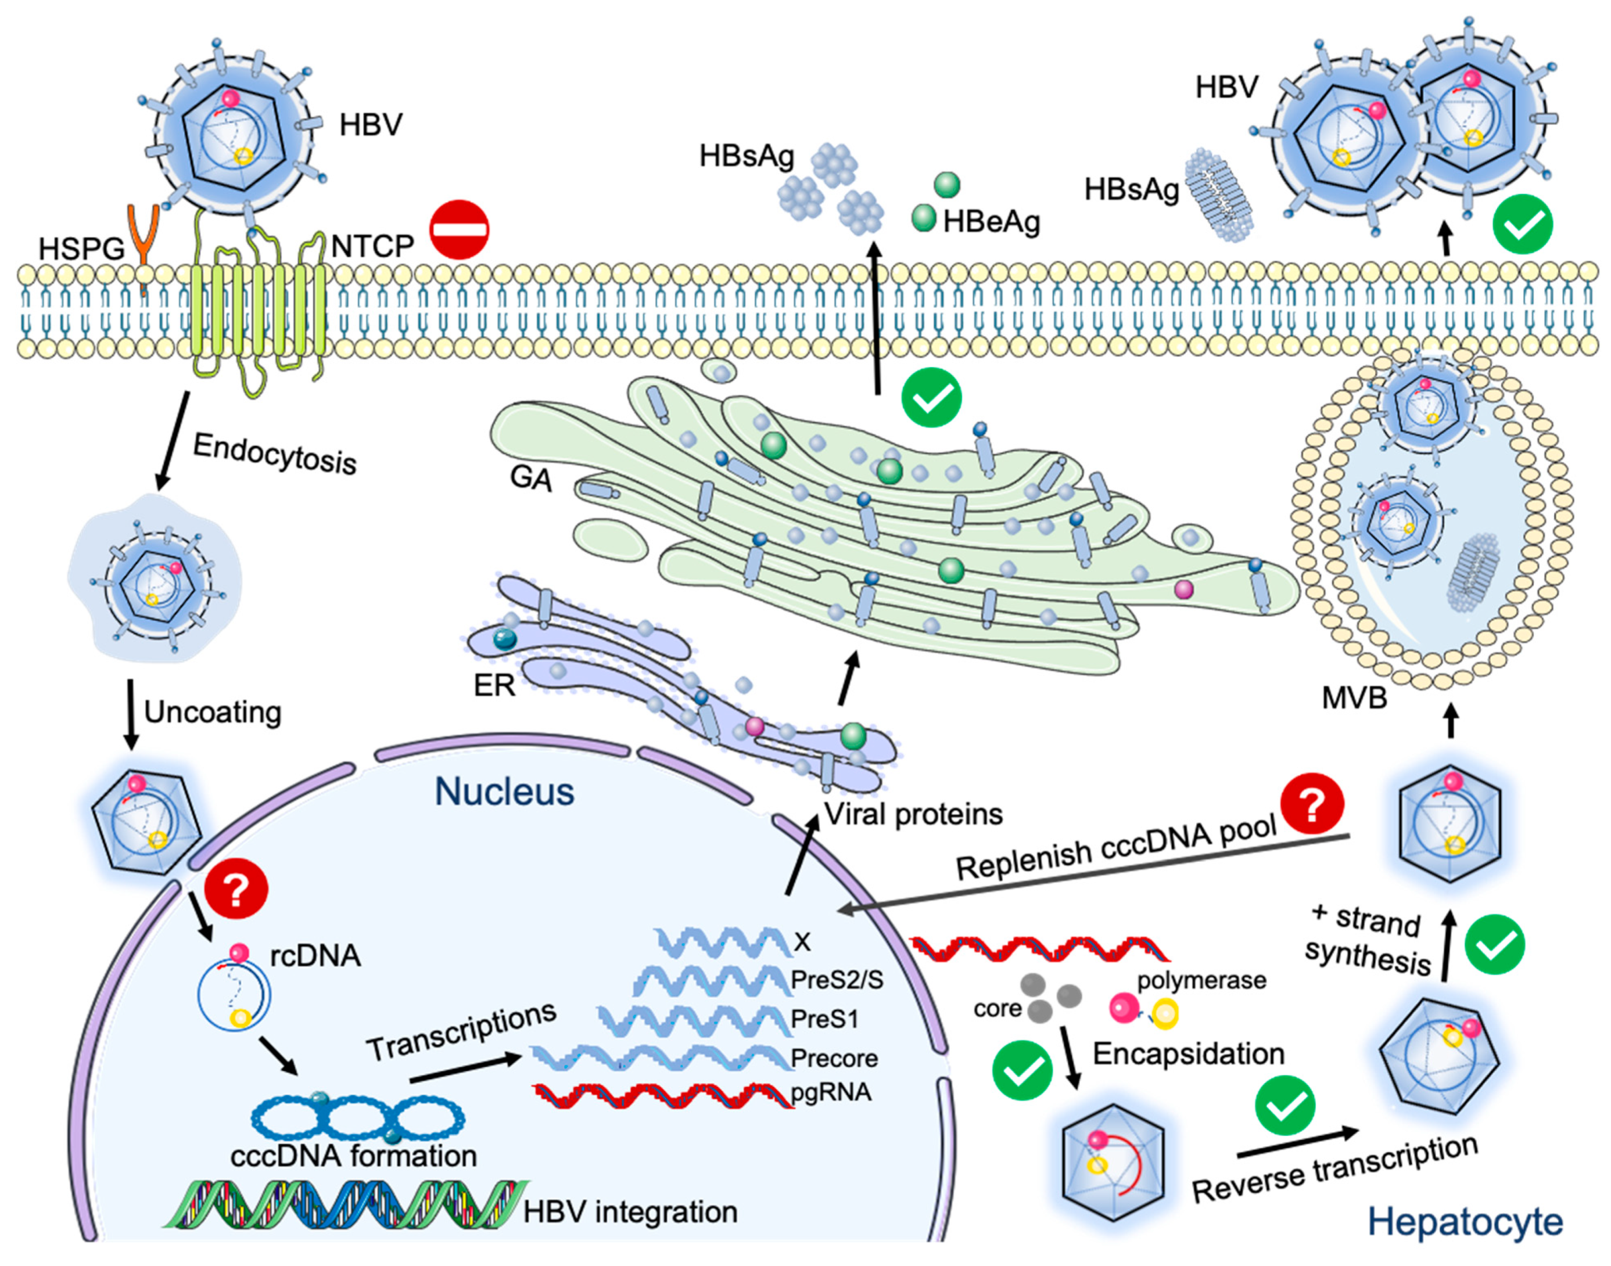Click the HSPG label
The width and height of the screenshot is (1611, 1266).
tap(81, 249)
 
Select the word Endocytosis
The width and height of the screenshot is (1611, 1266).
tap(275, 453)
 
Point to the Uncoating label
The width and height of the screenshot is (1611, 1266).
tap(213, 711)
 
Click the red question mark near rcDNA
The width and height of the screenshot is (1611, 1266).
tap(236, 891)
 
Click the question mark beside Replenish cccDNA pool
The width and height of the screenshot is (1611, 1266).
tap(1313, 804)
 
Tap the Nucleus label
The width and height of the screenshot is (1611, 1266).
tap(504, 792)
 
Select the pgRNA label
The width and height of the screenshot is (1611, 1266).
tap(831, 1092)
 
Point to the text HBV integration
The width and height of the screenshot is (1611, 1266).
tap(630, 1212)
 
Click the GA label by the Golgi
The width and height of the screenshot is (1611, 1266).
tap(531, 478)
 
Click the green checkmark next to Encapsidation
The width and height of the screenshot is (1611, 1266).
tap(1022, 1070)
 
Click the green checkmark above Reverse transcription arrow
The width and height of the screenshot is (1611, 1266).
tap(1285, 1105)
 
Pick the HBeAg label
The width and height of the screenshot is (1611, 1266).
tap(991, 221)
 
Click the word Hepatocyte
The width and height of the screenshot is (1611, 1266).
tap(1465, 1221)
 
